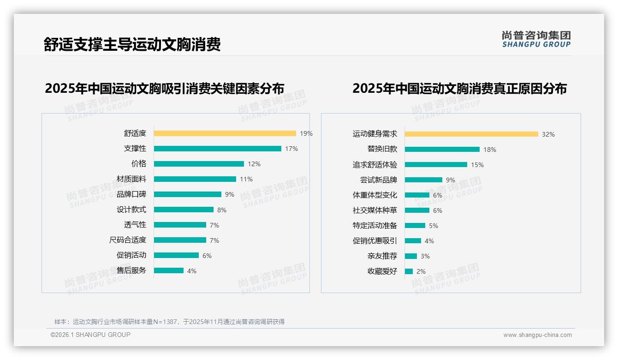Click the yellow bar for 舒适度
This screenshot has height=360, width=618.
pyautogui.click(x=225, y=133)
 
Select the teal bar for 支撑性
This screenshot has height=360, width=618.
pyautogui.click(x=217, y=149)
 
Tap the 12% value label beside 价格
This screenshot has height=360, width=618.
pyautogui.click(x=254, y=164)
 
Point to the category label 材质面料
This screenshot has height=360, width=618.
pyautogui.click(x=131, y=179)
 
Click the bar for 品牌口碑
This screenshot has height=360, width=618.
pyautogui.click(x=187, y=194)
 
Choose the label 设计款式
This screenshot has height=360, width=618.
pyautogui.click(x=131, y=210)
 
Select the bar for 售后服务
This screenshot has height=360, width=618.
pyautogui.click(x=168, y=270)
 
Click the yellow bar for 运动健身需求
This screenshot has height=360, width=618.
pyautogui.click(x=471, y=134)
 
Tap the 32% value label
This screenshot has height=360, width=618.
pyautogui.click(x=548, y=134)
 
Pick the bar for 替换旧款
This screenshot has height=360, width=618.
pyautogui.click(x=442, y=149)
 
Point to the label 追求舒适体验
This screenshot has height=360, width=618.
pyautogui.click(x=374, y=164)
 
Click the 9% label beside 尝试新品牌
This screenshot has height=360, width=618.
pyautogui.click(x=451, y=180)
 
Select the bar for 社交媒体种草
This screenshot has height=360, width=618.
pyautogui.click(x=417, y=210)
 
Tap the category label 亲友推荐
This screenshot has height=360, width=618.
pyautogui.click(x=382, y=256)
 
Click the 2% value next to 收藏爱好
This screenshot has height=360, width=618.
pyautogui.click(x=421, y=271)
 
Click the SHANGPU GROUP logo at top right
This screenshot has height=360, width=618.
pyautogui.click(x=536, y=39)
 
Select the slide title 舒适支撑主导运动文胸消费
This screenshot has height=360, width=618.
pyautogui.click(x=132, y=44)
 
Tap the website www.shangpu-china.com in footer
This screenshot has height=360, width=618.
pyautogui.click(x=537, y=335)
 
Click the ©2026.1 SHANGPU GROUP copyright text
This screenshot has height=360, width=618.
pyautogui.click(x=90, y=335)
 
